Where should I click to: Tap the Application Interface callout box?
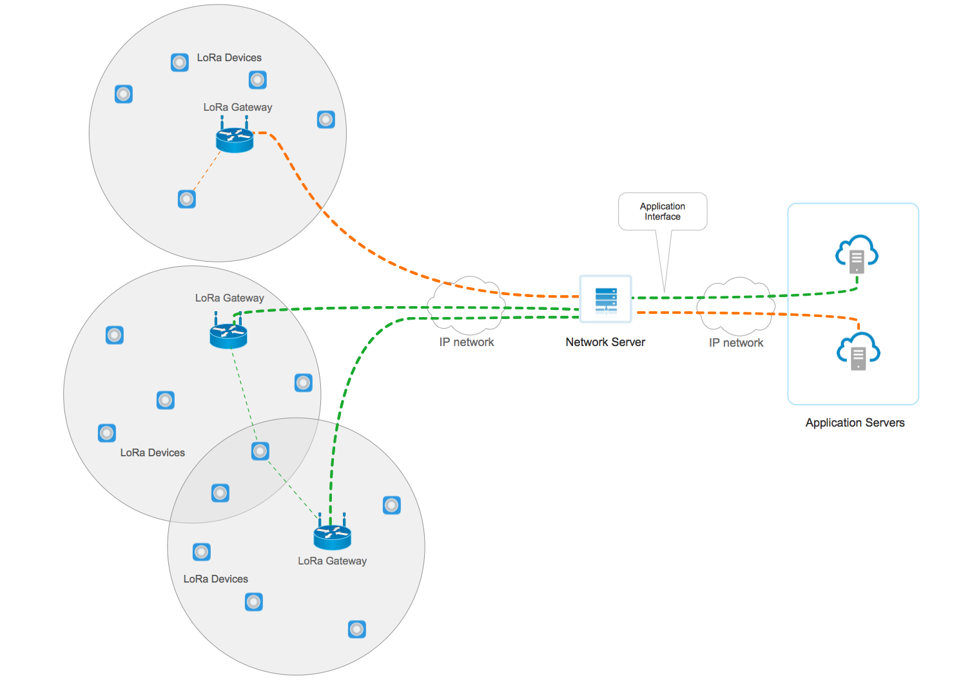pyautogui.click(x=663, y=211)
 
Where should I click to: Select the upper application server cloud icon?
pyautogui.click(x=857, y=255)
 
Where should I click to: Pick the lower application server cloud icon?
pyautogui.click(x=858, y=351)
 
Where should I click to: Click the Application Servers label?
pyautogui.click(x=855, y=423)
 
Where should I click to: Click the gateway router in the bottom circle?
pyautogui.click(x=333, y=535)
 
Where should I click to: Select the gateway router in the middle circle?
pyautogui.click(x=228, y=334)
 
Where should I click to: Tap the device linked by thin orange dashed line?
pyautogui.click(x=187, y=199)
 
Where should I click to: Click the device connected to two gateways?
pyautogui.click(x=260, y=451)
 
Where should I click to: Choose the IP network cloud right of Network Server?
pyautogui.click(x=737, y=305)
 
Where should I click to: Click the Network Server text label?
pyautogui.click(x=605, y=342)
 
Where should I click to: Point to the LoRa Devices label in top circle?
pyautogui.click(x=229, y=57)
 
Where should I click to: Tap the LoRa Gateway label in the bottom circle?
pyautogui.click(x=332, y=561)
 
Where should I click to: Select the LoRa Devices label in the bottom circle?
pyautogui.click(x=215, y=579)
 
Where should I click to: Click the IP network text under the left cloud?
pyautogui.click(x=467, y=342)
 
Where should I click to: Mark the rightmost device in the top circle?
pyautogui.click(x=326, y=119)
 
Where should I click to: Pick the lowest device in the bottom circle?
pyautogui.click(x=357, y=629)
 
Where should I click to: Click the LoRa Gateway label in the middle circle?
pyautogui.click(x=229, y=298)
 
